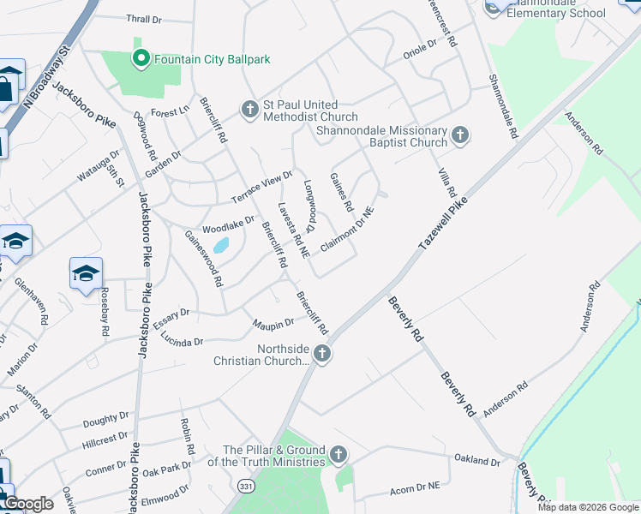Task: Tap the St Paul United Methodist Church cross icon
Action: tap(249, 109)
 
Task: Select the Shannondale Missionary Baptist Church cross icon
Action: tap(460, 134)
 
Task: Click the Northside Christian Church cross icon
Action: tap(321, 353)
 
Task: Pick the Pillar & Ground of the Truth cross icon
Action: tap(338, 454)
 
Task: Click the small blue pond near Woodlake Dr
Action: tap(221, 247)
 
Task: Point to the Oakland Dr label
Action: tap(476, 462)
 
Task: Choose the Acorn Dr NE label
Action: tap(415, 485)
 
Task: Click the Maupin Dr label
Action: tap(273, 323)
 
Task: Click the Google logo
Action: tap(27, 504)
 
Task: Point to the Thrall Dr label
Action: tap(143, 19)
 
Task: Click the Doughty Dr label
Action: tap(105, 421)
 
